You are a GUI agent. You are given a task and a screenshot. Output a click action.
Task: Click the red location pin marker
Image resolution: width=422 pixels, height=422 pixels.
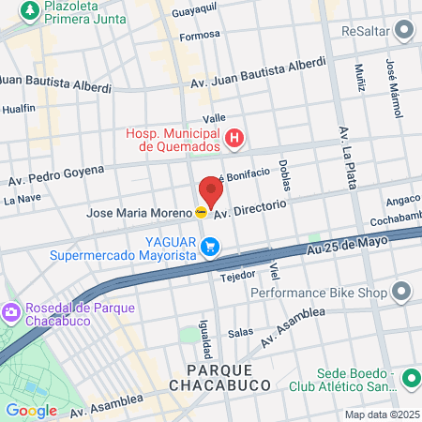click(x=211, y=191)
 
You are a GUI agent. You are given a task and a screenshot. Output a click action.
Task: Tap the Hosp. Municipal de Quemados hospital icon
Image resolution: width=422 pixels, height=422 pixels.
click(x=235, y=141)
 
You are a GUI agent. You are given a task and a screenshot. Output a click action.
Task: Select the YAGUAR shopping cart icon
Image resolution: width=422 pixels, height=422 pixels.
click(x=213, y=247)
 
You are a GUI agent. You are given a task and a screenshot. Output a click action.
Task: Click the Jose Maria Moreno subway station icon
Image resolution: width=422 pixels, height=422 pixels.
click(x=201, y=213)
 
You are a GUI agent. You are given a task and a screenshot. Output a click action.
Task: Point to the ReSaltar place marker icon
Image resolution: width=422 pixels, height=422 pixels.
click(x=404, y=31)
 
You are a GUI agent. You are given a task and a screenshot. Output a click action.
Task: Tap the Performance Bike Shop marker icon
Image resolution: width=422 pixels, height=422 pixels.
click(x=402, y=293)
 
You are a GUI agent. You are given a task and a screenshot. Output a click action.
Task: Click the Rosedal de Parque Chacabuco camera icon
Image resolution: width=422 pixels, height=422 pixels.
click(x=11, y=309)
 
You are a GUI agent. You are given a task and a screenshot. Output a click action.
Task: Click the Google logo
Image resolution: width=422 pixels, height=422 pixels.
click(x=31, y=410)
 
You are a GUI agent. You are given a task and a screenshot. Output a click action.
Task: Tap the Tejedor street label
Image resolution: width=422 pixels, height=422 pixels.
click(x=237, y=277)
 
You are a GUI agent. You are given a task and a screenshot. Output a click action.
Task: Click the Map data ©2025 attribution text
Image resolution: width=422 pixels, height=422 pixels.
click(x=382, y=414)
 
